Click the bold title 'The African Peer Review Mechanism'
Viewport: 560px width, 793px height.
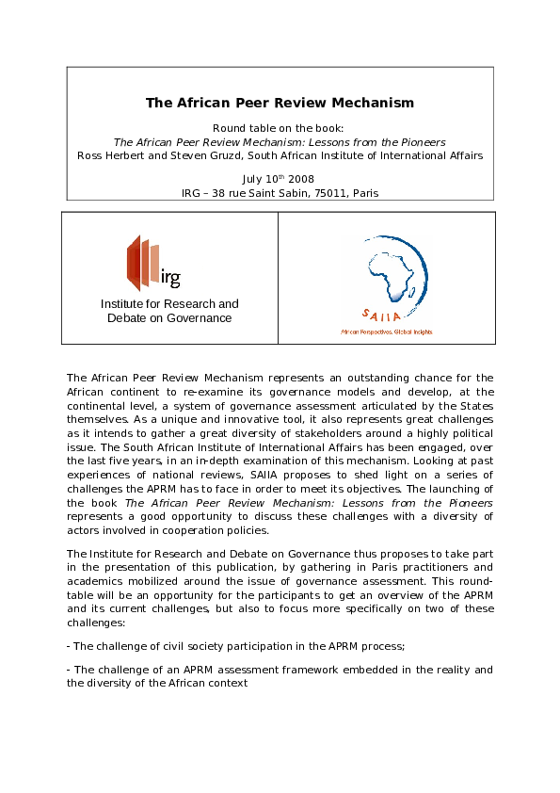point(280,103)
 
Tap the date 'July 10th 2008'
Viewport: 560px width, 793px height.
point(278,178)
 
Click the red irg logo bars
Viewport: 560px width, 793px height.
point(141,263)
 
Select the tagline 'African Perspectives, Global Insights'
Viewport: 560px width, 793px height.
point(386,332)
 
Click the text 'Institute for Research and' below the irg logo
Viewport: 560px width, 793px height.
point(169,303)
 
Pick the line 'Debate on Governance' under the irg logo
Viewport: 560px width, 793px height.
point(169,318)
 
